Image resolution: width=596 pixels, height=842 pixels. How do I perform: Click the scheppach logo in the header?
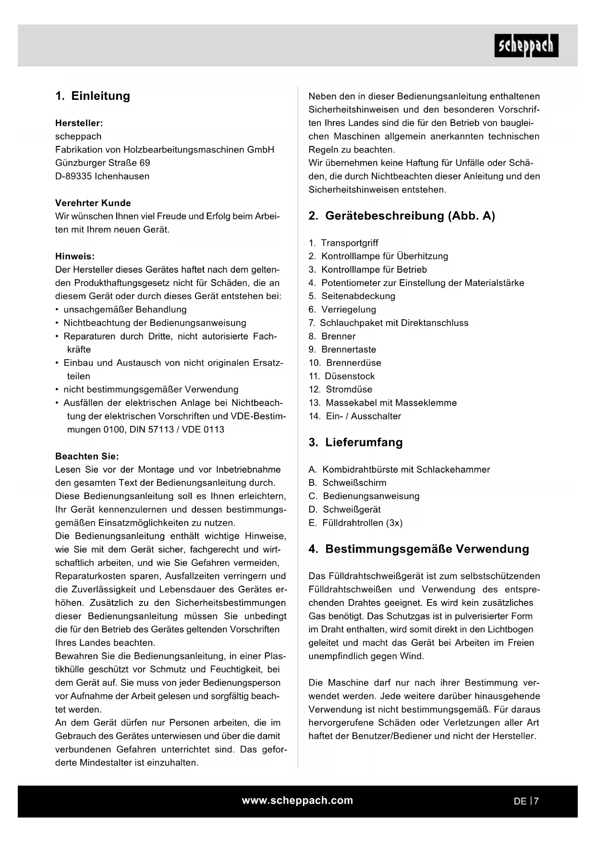point(526,46)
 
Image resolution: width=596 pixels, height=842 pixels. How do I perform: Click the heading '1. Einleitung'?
point(93,96)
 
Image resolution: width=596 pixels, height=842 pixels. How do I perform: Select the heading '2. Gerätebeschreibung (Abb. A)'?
point(401,216)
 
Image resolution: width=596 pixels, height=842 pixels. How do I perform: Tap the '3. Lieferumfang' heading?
point(355,443)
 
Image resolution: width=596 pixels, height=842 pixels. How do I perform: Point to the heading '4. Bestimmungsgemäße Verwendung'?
point(419,549)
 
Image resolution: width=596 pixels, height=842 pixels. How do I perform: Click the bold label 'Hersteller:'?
point(79,123)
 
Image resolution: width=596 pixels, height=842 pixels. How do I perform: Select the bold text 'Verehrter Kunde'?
point(93,203)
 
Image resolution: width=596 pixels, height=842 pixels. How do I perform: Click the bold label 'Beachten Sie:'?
point(87,456)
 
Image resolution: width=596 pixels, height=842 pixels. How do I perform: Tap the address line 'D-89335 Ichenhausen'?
point(102,176)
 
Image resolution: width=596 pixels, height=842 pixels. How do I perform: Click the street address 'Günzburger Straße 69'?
point(103,163)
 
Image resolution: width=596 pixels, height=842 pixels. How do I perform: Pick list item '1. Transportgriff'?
point(343,243)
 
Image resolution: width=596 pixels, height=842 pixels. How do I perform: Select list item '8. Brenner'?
point(332,336)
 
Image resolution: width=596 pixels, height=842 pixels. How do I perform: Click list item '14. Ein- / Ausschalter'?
point(355,416)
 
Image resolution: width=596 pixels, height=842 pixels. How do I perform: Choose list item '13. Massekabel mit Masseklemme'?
point(383,403)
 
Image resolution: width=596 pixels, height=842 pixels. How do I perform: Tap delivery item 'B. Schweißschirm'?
point(347,483)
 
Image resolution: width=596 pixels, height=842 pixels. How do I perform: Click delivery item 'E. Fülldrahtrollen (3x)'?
point(355,523)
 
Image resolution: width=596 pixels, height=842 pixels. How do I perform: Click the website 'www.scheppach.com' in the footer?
point(297,801)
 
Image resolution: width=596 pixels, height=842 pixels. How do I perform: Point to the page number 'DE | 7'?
point(526,801)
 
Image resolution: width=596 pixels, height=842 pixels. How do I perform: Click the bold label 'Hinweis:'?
point(75,256)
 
